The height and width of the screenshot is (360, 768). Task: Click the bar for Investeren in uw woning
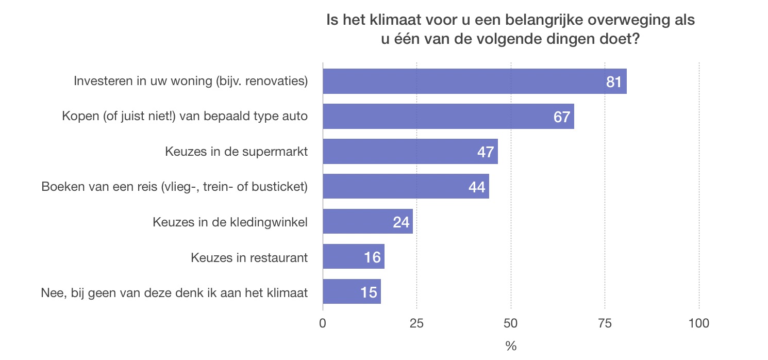464,81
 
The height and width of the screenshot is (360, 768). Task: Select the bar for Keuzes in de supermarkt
402,152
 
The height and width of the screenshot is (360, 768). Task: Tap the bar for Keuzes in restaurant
345,257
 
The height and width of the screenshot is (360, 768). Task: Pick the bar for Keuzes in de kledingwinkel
361,222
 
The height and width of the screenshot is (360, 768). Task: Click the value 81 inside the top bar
614,82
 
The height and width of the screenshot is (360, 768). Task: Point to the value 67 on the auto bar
562,117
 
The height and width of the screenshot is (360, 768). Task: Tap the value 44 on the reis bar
477,187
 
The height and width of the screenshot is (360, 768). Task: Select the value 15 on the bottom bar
369,292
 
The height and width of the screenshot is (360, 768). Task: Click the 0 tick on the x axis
323,323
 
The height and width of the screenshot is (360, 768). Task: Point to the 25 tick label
416,323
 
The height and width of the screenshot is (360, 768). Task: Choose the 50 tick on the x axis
511,323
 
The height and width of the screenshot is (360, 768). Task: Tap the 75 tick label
605,323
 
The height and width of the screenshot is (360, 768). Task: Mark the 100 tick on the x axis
699,323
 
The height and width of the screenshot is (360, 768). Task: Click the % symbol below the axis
511,346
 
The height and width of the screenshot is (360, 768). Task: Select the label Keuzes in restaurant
249,257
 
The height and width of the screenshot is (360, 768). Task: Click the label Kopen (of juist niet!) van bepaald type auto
185,116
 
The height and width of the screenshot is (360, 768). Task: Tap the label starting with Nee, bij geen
174,292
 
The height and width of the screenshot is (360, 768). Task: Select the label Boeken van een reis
174,187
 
